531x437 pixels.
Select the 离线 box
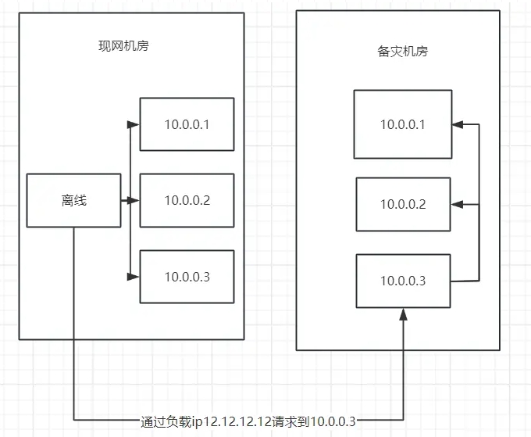pos(74,201)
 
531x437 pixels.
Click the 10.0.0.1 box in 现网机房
pos(187,124)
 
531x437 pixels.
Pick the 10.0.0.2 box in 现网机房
pos(187,200)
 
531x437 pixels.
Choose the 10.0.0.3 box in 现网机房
pos(187,277)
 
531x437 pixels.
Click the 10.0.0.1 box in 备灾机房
pos(402,124)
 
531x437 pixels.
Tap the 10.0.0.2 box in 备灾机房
pos(403,204)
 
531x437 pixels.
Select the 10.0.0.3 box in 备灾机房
pos(403,281)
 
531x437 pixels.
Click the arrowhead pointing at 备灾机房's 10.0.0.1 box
pos(457,124)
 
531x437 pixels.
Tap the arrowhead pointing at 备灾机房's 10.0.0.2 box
pos(456,204)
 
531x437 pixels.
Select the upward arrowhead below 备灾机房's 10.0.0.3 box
pos(403,314)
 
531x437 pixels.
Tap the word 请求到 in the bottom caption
pos(292,421)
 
